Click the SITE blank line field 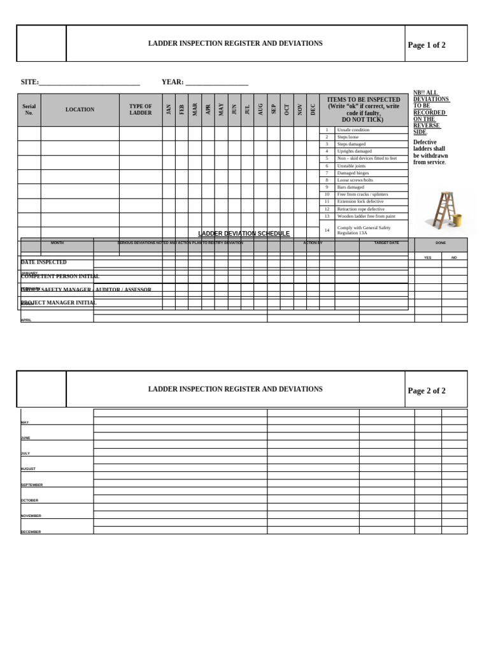click(89, 82)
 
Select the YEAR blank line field click(216, 82)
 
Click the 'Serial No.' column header click(29, 110)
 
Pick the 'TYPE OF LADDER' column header click(141, 110)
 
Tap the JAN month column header click(169, 110)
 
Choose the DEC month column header click(313, 110)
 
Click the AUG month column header click(260, 110)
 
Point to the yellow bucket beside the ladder click(457, 221)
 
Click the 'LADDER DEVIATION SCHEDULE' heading click(244, 234)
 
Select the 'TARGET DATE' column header click(386, 243)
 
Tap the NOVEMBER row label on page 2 click(31, 516)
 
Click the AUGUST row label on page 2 click(28, 469)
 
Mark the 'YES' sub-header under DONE click(428, 257)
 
